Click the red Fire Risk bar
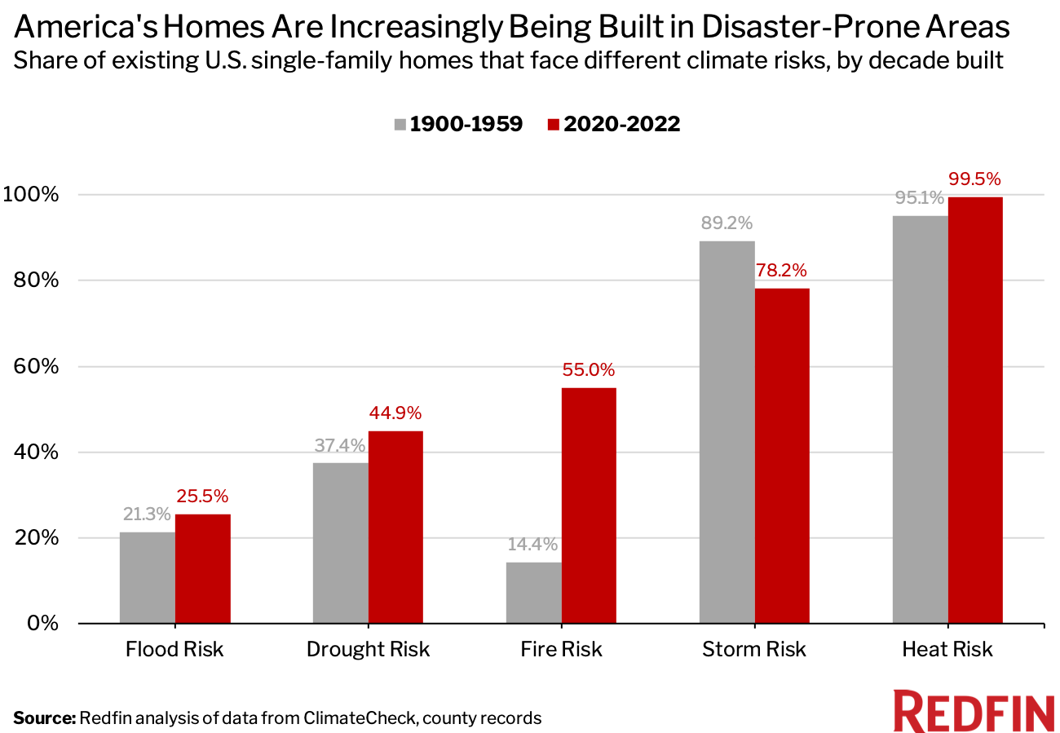tap(589, 506)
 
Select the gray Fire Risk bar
tap(534, 593)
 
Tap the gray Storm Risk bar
tap(727, 432)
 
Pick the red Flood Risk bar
tap(203, 568)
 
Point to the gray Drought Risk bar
tap(341, 543)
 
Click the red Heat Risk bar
tap(975, 410)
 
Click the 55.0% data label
tap(589, 370)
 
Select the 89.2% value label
tap(727, 223)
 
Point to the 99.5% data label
tap(975, 179)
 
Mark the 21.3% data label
tap(147, 514)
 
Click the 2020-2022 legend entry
tap(613, 124)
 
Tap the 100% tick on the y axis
tap(34, 195)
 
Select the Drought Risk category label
tap(368, 650)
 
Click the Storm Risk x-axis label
tap(754, 650)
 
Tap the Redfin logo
tap(974, 712)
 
